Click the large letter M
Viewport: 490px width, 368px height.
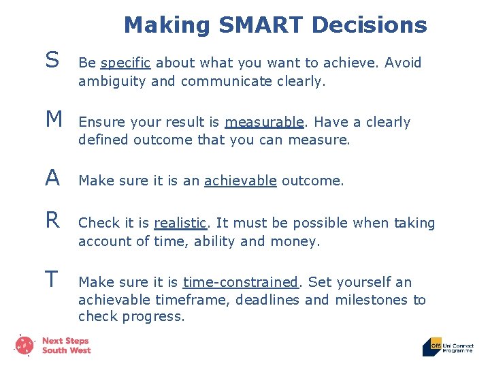[54, 120]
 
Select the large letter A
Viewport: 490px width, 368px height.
[52, 179]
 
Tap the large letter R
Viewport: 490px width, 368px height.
[52, 220]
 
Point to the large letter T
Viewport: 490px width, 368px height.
[52, 279]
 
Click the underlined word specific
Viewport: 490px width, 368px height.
[126, 63]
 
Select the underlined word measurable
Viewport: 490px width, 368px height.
[264, 123]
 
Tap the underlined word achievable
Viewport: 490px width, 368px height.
[240, 181]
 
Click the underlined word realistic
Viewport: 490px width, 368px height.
[180, 223]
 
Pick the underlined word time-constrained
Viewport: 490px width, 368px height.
[240, 282]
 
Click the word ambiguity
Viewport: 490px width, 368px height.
[111, 82]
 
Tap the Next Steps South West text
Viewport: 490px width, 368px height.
[66, 346]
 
